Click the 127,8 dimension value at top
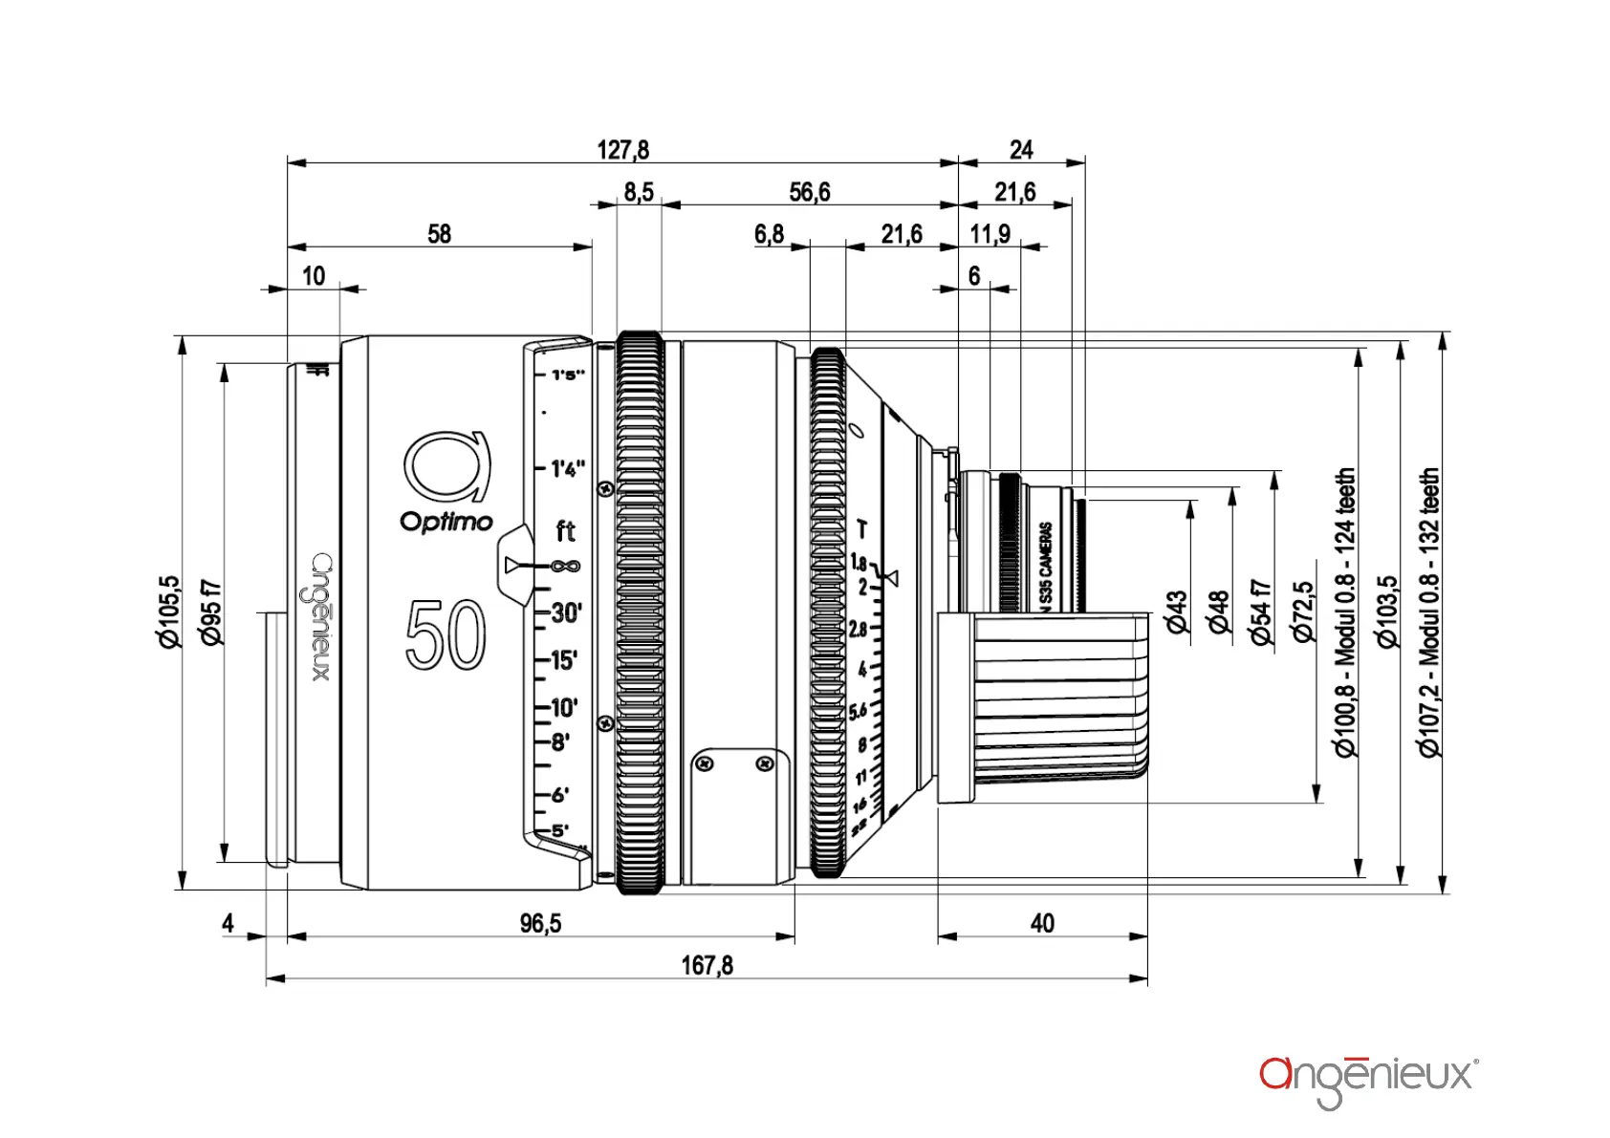622,150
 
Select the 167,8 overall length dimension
707,965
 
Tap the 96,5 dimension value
540,923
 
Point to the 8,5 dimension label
639,192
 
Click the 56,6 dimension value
809,192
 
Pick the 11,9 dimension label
990,234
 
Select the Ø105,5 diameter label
169,612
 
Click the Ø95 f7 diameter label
211,612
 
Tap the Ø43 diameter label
1176,612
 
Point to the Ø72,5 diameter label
1302,612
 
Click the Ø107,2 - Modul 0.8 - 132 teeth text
1429,612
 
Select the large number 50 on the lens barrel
446,635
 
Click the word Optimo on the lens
446,522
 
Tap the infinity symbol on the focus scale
566,567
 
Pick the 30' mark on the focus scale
566,612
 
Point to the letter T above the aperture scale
861,528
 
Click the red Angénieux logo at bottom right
1368,1080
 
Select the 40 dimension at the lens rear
1042,923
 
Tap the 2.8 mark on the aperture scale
858,630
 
